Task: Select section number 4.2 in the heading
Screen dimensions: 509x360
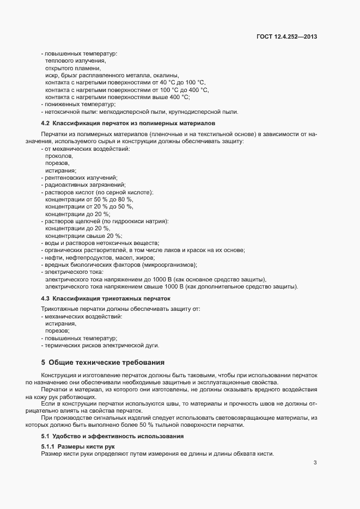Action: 45,124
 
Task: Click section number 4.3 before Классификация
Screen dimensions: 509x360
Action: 45,298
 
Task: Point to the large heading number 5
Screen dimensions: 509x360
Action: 43,362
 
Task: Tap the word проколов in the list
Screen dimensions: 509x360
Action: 58,156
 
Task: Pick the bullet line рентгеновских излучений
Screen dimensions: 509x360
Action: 80,177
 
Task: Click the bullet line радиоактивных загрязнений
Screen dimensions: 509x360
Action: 80,185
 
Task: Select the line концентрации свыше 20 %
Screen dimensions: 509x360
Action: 83,235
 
